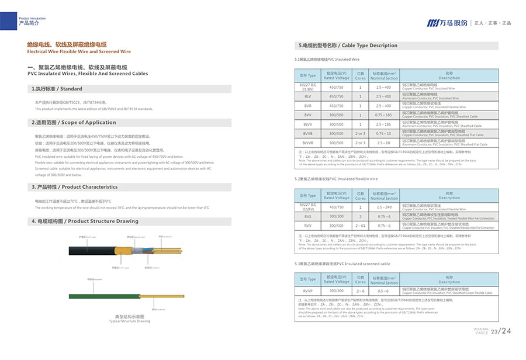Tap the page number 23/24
pyautogui.click(x=501, y=332)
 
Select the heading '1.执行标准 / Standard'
pyautogui.click(x=57, y=89)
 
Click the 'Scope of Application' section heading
pyautogui.click(x=74, y=123)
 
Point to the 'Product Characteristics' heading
pyautogui.click(x=74, y=187)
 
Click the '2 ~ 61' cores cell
pyautogui.click(x=361, y=225)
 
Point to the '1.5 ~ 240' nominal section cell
pyautogui.click(x=384, y=207)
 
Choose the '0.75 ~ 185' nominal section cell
pyautogui.click(x=384, y=115)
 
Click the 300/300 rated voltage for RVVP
pyautogui.click(x=337, y=290)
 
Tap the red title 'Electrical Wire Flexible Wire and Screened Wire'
pyautogui.click(x=74, y=51)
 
